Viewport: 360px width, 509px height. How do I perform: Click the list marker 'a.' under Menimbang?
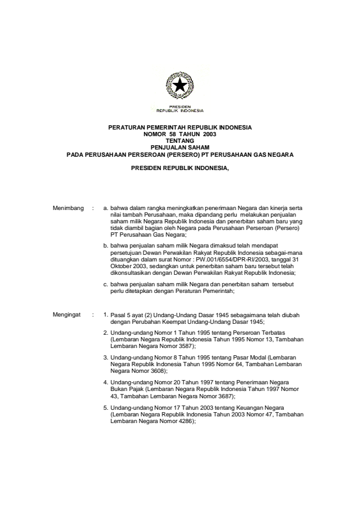pyautogui.click(x=105, y=208)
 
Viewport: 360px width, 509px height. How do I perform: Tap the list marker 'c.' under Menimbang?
pyautogui.click(x=105, y=285)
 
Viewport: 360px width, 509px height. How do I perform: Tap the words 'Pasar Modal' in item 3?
pyautogui.click(x=234, y=358)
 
